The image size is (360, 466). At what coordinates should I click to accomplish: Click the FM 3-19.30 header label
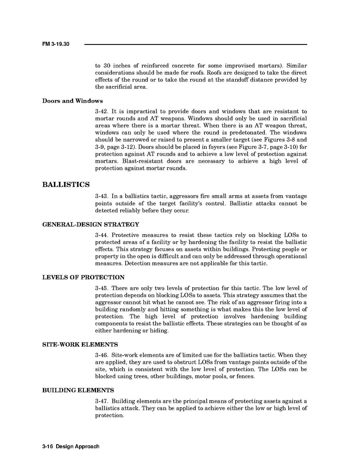point(56,44)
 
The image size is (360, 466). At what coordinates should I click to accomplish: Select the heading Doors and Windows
point(73,101)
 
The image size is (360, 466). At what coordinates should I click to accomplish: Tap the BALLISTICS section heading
point(66,185)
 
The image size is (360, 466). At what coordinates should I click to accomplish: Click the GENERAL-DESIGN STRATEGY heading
point(90,224)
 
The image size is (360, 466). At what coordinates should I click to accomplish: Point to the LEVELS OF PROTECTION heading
point(83,277)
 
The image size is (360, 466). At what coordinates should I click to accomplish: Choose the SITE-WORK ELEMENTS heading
point(80,345)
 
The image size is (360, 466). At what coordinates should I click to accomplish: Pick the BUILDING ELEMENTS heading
point(78,390)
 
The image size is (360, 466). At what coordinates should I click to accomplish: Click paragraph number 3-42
point(101,112)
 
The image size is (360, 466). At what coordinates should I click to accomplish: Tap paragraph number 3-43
point(101,196)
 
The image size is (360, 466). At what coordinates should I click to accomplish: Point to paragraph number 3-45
point(101,288)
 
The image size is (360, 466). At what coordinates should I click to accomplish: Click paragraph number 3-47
point(101,401)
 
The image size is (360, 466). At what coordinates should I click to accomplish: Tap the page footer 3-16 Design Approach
point(71,446)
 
